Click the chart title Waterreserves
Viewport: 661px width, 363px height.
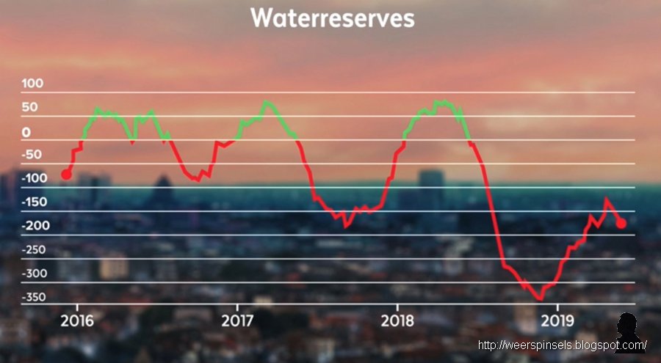point(333,19)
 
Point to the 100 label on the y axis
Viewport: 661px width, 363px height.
point(32,84)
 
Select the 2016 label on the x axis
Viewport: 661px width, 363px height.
point(78,320)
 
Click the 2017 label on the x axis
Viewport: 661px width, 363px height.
point(237,320)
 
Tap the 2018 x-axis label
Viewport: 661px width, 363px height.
point(397,320)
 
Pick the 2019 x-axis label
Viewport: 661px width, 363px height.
point(557,320)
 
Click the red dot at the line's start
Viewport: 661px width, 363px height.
point(66,174)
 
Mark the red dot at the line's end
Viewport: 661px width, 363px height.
point(621,223)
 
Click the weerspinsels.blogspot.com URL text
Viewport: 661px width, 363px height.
point(562,345)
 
